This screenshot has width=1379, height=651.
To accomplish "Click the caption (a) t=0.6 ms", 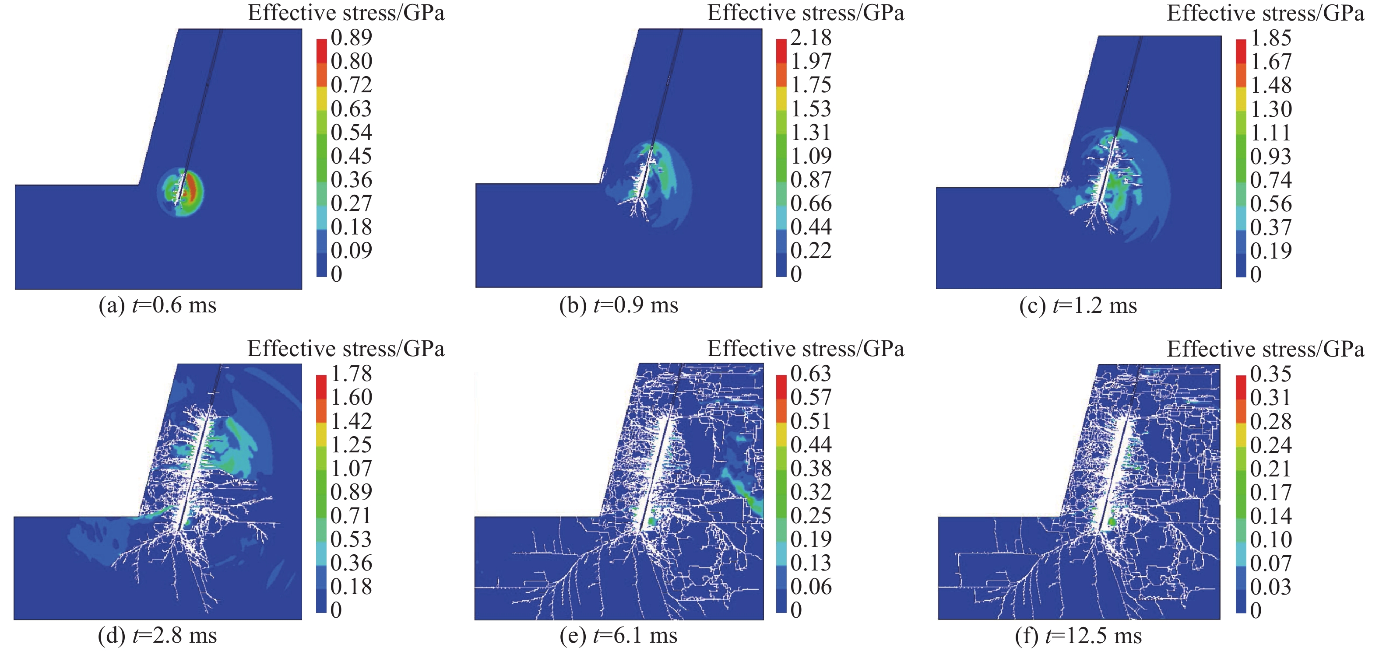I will click(158, 306).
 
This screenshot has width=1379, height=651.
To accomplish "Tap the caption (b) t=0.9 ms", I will click(618, 306).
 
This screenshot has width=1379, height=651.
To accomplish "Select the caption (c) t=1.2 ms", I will click(1078, 306).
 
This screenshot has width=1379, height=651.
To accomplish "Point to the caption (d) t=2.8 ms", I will click(158, 636).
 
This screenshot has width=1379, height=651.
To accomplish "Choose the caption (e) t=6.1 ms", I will click(618, 636).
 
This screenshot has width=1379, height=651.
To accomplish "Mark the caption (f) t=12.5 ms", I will click(1078, 636).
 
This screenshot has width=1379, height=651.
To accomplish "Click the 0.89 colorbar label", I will click(351, 38).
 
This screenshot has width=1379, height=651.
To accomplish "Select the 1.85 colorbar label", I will click(1271, 38).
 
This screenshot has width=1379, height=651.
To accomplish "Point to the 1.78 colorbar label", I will click(351, 373).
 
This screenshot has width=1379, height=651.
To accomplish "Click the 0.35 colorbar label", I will click(1271, 373).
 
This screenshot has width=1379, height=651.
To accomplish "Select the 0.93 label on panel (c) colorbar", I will click(1271, 156).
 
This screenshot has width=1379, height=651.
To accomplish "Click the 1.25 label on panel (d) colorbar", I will click(351, 444).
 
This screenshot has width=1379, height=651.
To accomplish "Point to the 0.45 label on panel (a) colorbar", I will click(351, 156).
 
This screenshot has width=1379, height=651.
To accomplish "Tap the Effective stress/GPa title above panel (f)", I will click(1266, 349).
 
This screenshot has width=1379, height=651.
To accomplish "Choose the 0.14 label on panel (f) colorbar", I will click(1271, 516).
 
